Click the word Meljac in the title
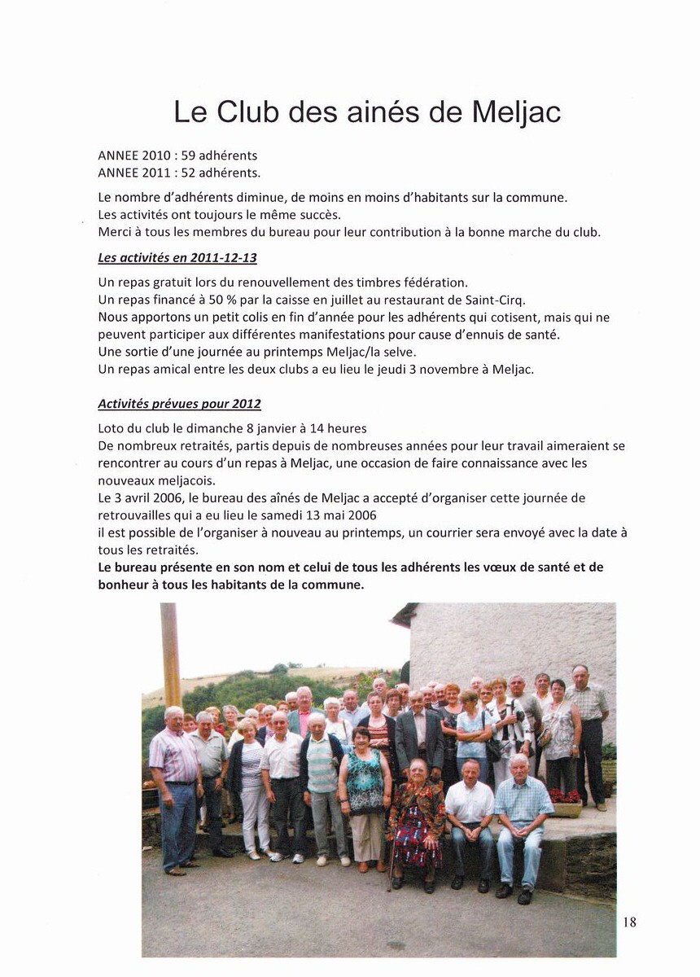(x=517, y=112)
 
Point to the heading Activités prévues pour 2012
(x=179, y=404)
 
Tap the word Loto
(x=111, y=428)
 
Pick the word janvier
(x=298, y=428)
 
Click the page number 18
(x=629, y=922)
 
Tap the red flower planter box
(x=564, y=802)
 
